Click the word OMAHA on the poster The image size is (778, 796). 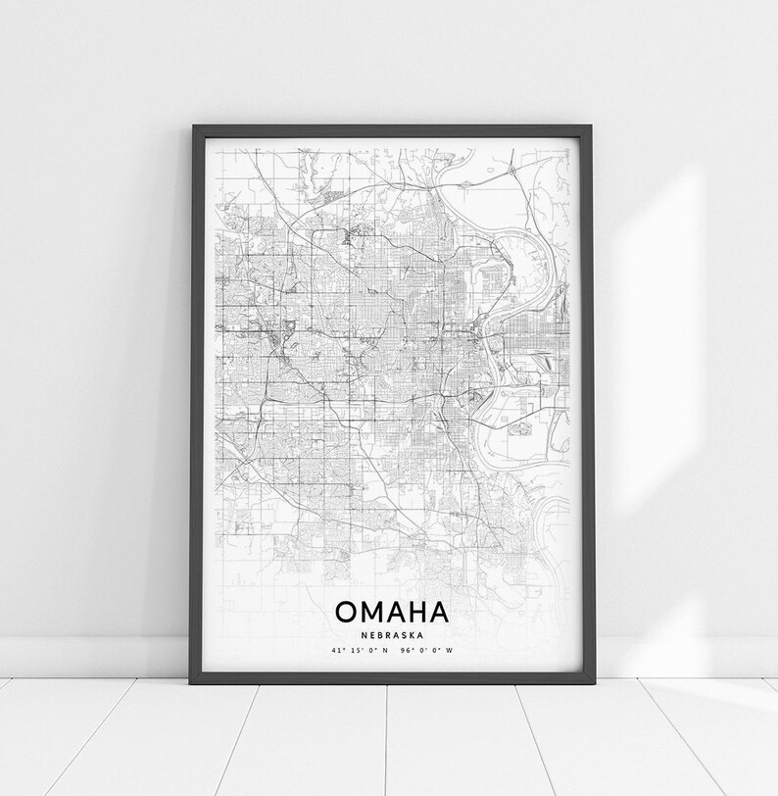click(392, 611)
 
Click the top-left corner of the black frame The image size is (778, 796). click(195, 127)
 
